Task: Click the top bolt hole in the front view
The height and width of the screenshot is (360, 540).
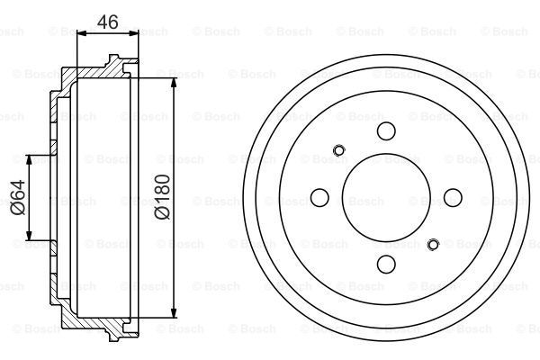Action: click(387, 132)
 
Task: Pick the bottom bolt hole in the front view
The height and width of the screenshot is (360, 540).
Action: click(387, 263)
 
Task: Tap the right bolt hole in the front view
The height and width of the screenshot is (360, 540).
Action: click(452, 197)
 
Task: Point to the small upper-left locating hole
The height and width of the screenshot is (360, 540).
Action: click(339, 150)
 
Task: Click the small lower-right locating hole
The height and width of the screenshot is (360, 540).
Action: click(434, 244)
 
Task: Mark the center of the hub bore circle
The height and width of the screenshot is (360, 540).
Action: click(387, 197)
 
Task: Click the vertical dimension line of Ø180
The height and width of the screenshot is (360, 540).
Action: click(174, 135)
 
